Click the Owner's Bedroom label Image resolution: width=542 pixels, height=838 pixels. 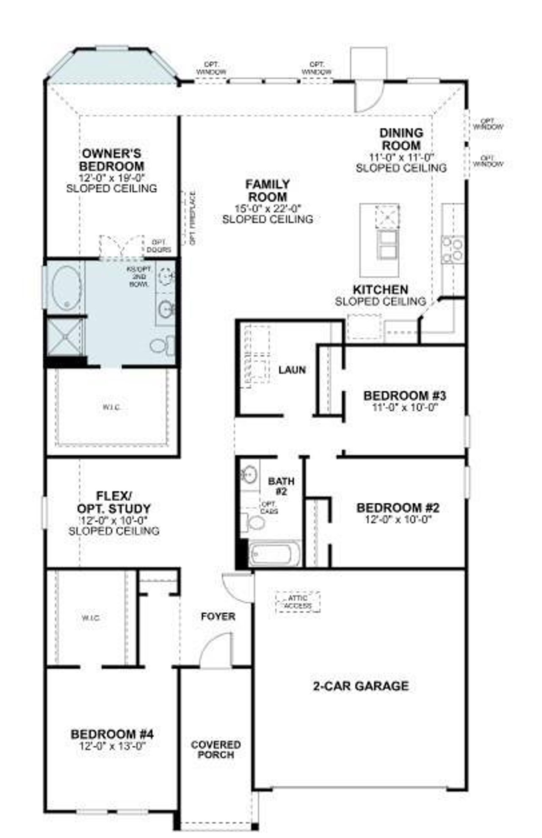[x=111, y=160]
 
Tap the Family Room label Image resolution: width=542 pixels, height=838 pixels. [x=268, y=191]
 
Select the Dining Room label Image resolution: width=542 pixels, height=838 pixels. [x=401, y=139]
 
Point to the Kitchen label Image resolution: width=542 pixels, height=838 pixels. [x=380, y=290]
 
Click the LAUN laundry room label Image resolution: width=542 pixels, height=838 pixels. [x=292, y=370]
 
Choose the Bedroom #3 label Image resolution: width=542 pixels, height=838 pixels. [x=404, y=396]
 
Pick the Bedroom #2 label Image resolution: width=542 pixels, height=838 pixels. [x=398, y=507]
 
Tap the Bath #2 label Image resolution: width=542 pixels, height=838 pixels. [x=281, y=486]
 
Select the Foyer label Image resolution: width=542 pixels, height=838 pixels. [x=218, y=616]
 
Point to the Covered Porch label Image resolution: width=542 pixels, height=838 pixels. [x=216, y=750]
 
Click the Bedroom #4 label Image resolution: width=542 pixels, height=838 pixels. [x=112, y=734]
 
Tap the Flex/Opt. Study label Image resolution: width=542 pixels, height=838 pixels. [x=114, y=502]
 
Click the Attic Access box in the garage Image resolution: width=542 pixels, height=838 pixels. [x=298, y=602]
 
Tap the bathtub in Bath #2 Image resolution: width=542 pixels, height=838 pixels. [x=275, y=554]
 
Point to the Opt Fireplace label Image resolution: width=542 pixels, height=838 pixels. [x=193, y=218]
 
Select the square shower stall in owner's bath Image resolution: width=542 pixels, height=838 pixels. [x=65, y=336]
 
